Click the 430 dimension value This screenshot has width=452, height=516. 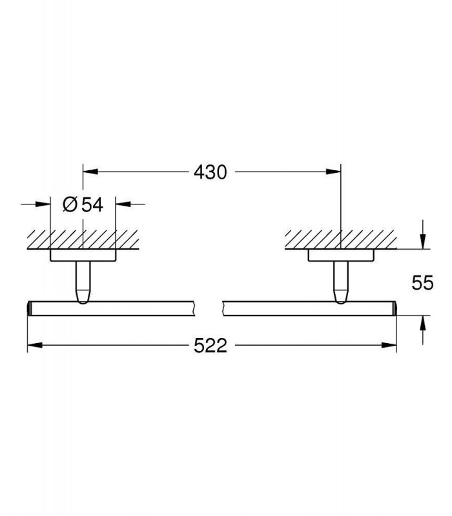point(211,172)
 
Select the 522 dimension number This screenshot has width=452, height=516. point(211,346)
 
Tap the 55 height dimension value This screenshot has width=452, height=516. point(423,283)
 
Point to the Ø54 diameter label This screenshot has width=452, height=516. point(83,204)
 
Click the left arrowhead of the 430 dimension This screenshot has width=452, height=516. point(90,172)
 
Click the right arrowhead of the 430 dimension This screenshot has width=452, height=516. point(333,172)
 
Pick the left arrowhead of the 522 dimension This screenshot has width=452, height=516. point(35,345)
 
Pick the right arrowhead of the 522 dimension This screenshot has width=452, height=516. point(389,345)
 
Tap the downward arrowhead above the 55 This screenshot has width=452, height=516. point(423,241)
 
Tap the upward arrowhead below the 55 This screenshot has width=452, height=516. point(423,324)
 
